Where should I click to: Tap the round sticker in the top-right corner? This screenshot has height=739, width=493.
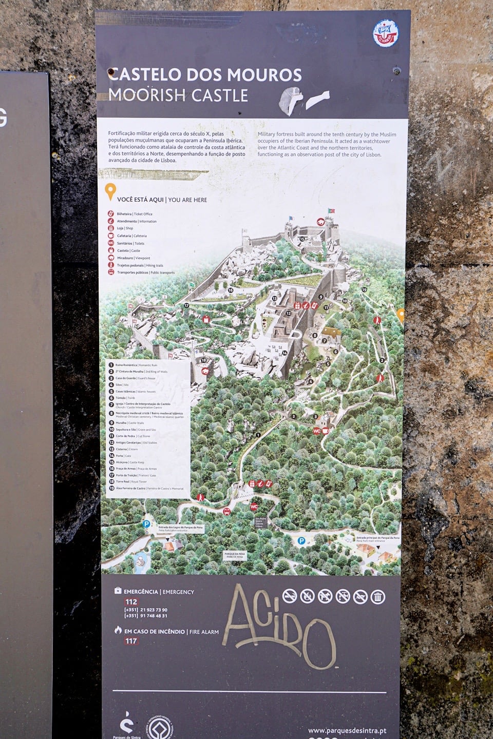[385, 33]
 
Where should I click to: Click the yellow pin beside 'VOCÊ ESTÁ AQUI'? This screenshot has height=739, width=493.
[110, 192]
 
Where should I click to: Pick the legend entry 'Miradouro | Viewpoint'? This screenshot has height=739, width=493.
[134, 258]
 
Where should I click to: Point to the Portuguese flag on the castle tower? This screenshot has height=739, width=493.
[331, 211]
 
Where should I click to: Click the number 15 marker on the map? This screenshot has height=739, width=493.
[302, 239]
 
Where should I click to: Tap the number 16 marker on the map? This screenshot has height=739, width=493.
[231, 290]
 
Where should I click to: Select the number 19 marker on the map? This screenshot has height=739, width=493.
[364, 290]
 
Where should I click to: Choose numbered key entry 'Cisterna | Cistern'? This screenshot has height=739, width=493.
[126, 449]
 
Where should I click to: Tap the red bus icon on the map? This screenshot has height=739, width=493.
[226, 511]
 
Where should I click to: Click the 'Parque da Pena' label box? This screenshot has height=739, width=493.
[235, 555]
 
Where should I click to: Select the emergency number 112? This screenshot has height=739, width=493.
[131, 602]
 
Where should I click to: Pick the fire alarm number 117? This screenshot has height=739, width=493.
[131, 641]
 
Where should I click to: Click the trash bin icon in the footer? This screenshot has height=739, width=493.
[377, 596]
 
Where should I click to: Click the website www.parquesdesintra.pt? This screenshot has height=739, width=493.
[347, 730]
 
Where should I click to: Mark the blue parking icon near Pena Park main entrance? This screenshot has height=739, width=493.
[301, 540]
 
